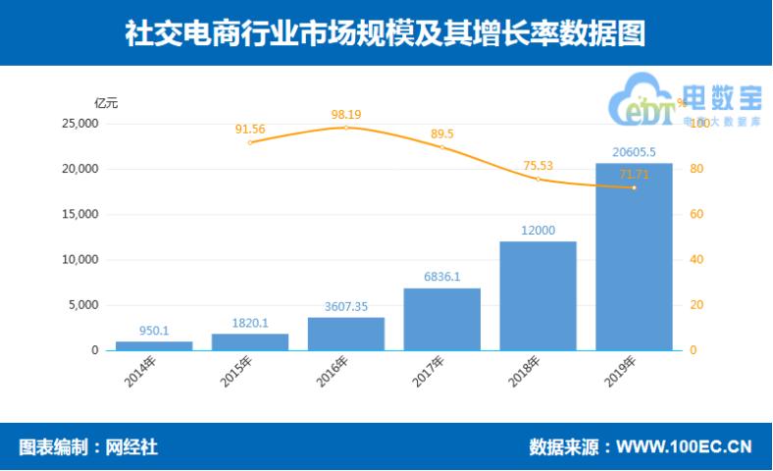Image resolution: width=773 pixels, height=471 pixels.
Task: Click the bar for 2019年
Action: click(x=634, y=257)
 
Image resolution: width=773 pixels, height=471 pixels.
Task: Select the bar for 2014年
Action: click(x=154, y=345)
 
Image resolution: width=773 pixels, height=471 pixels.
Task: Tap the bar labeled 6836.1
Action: click(x=442, y=319)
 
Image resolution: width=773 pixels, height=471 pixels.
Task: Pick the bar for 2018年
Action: click(x=539, y=295)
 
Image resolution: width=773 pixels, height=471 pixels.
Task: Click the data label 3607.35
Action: click(x=346, y=307)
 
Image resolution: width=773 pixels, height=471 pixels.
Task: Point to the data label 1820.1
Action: click(x=250, y=323)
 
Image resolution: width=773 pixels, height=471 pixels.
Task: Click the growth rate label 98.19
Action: click(x=346, y=115)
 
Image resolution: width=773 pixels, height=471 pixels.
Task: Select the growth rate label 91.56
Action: click(x=250, y=129)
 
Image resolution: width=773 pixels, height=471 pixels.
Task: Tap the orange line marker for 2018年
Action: click(x=539, y=180)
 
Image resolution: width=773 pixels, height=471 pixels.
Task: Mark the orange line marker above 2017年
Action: click(x=442, y=148)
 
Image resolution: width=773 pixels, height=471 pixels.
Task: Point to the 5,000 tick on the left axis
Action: click(x=83, y=305)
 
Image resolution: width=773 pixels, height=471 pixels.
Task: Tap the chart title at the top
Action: click(x=386, y=33)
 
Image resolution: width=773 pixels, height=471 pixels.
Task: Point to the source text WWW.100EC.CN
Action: click(x=683, y=447)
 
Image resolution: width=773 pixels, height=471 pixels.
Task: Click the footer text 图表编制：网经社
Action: click(x=88, y=447)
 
